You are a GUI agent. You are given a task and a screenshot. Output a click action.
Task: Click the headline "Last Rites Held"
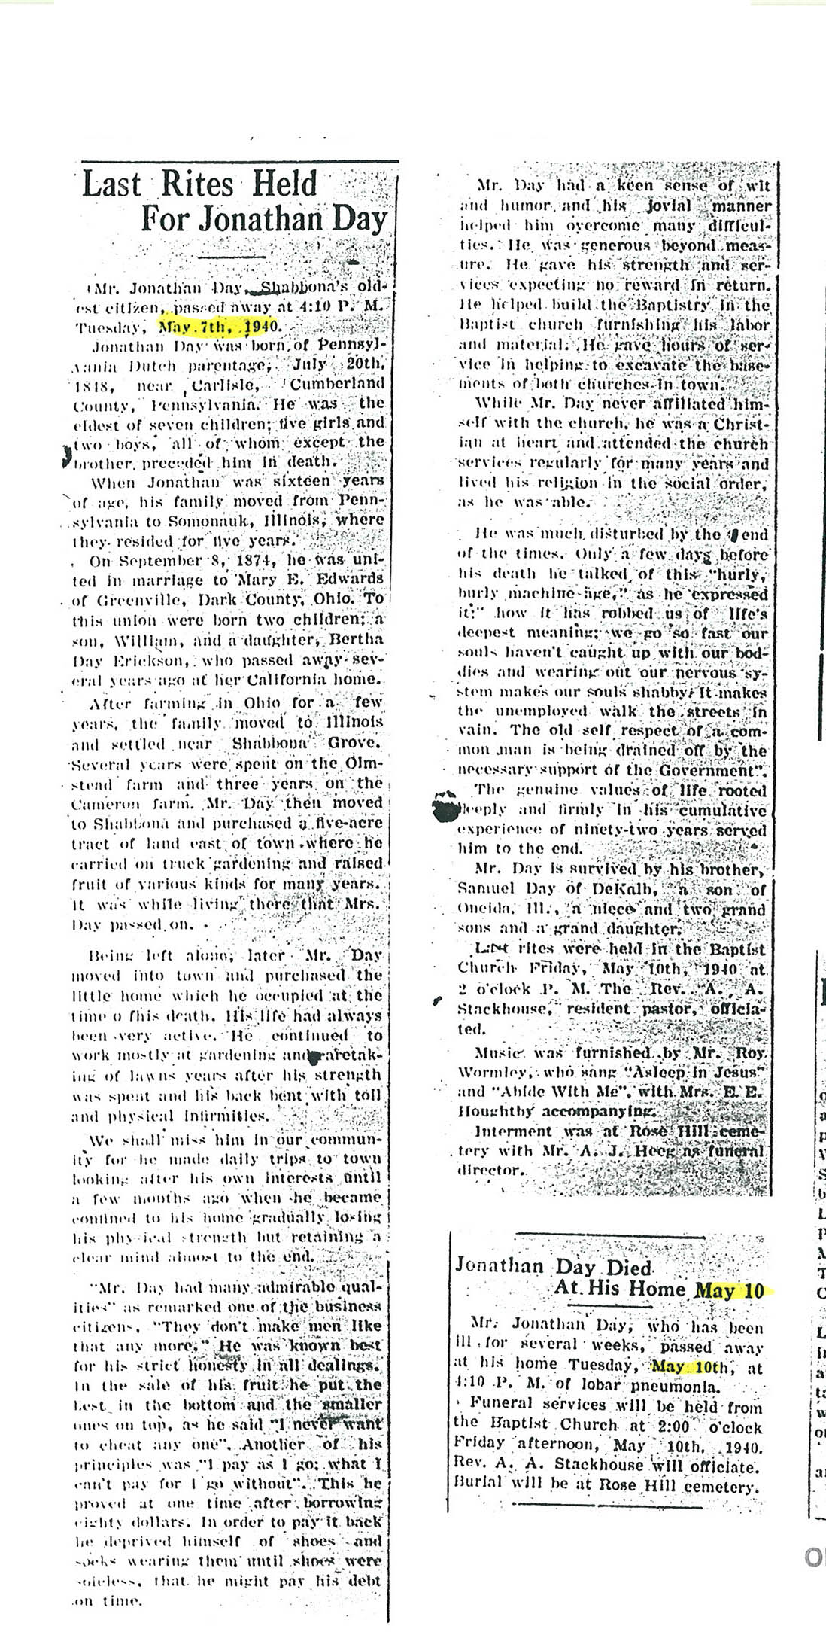[199, 184]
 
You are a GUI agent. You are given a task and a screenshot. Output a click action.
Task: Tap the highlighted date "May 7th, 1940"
[218, 327]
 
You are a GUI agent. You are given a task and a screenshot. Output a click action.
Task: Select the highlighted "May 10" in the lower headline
[730, 1289]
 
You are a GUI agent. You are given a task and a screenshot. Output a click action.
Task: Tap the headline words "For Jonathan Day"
[263, 219]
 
